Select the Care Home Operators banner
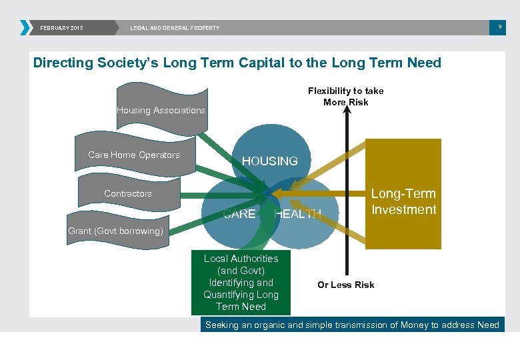click(134, 155)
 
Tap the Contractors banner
click(128, 193)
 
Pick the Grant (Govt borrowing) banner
click(115, 231)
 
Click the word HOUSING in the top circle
click(269, 161)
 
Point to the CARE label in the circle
click(239, 214)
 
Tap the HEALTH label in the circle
click(298, 214)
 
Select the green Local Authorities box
click(241, 282)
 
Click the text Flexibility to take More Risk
click(345, 96)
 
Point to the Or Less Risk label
click(345, 285)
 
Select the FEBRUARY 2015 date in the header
click(61, 28)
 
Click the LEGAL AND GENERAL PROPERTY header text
click(175, 28)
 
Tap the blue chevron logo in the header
click(25, 27)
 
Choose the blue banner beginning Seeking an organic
click(352, 325)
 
